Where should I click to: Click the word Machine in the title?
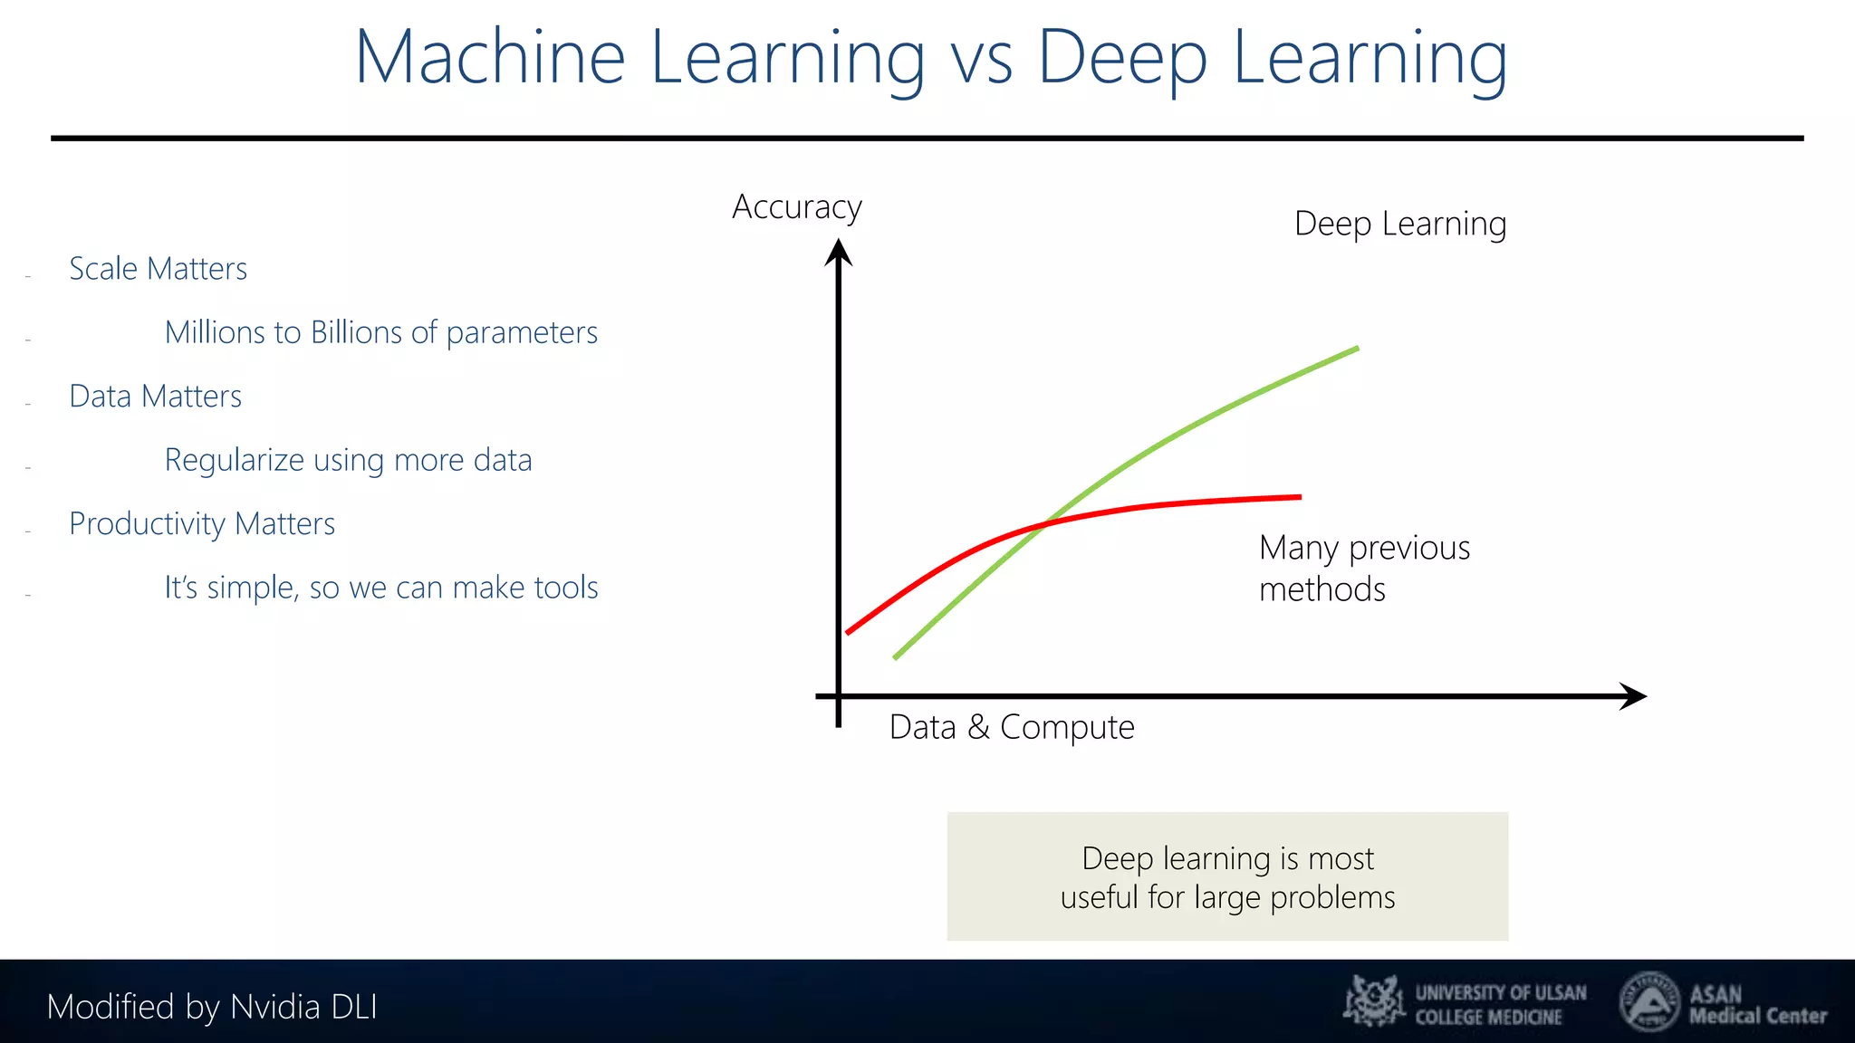tap(489, 57)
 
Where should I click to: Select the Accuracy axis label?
tap(796, 207)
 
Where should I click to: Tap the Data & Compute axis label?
tap(1011, 727)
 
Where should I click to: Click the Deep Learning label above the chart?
tap(1399, 224)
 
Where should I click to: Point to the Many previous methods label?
tap(1363, 568)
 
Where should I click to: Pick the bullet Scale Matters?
tap(158, 269)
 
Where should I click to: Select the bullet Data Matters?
tap(155, 397)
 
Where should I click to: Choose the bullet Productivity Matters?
tap(202, 524)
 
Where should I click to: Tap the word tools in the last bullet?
tap(565, 588)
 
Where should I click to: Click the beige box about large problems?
tap(1227, 876)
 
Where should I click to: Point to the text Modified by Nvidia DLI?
tap(211, 1007)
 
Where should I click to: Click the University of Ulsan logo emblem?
tap(1373, 1001)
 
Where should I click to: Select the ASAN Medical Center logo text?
tap(1756, 1005)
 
